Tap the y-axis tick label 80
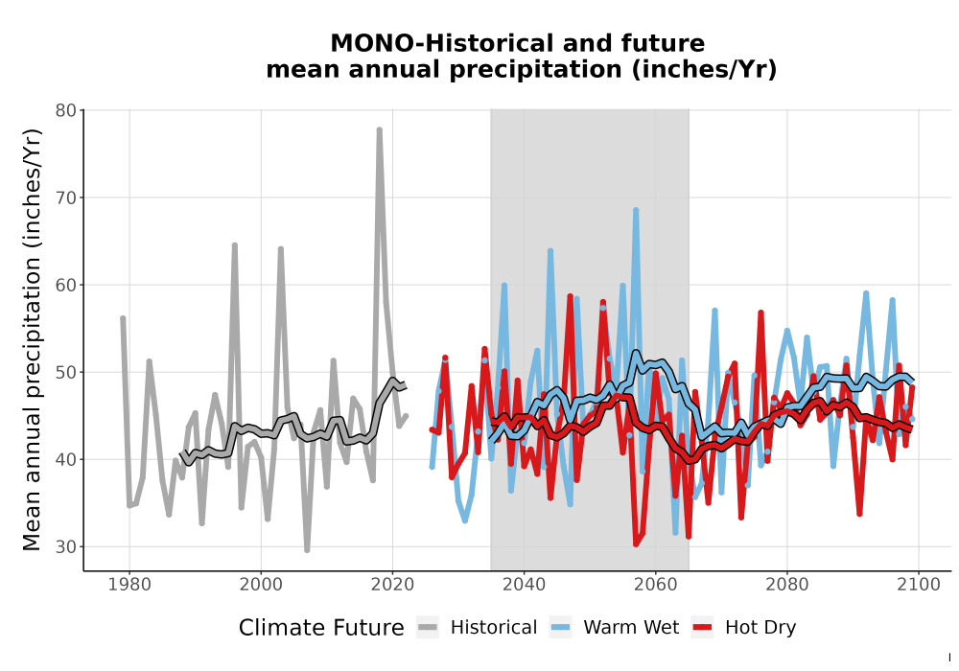(x=65, y=110)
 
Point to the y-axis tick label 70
(x=65, y=198)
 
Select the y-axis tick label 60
(x=65, y=286)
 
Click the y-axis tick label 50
(x=65, y=373)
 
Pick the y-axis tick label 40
(x=65, y=459)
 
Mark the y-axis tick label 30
(x=65, y=547)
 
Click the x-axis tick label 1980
(x=129, y=585)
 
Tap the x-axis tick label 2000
(x=261, y=585)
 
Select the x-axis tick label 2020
(x=392, y=585)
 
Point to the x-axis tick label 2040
(x=524, y=585)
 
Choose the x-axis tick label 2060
(x=655, y=585)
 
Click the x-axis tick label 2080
(x=787, y=585)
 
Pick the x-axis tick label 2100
(x=919, y=585)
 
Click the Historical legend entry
(x=477, y=628)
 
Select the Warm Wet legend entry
(x=614, y=628)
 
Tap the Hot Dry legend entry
(x=744, y=628)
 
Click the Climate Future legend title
(x=321, y=628)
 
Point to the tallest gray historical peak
(x=379, y=129)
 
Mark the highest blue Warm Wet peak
(x=636, y=210)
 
